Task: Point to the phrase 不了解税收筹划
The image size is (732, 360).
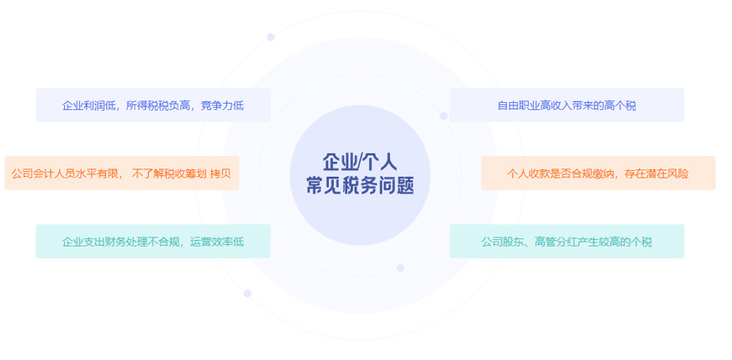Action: click(x=169, y=174)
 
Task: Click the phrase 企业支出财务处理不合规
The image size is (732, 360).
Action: click(x=120, y=242)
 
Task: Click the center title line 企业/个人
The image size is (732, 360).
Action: click(x=360, y=162)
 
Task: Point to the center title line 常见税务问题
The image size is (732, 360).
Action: click(x=360, y=185)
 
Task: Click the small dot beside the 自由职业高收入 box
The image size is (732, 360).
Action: click(x=443, y=116)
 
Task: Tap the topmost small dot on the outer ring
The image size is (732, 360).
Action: click(x=271, y=37)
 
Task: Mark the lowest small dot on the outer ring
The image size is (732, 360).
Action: click(x=248, y=293)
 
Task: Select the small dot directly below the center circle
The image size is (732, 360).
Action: click(x=400, y=268)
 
